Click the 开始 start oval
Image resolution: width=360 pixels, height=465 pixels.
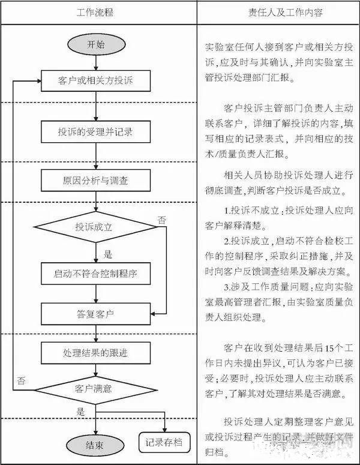96,44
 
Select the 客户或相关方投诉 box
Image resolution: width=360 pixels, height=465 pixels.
96,79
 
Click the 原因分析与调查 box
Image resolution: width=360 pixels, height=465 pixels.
96,180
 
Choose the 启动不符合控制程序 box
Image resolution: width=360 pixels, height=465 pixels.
96,274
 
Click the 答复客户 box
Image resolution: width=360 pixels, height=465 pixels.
96,313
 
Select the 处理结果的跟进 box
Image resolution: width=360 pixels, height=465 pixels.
96,351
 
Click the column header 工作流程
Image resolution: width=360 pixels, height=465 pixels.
95,12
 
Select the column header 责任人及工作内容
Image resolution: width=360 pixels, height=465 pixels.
277,12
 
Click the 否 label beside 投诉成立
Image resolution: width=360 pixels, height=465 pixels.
161,220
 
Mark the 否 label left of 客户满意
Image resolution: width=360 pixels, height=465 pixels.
22,380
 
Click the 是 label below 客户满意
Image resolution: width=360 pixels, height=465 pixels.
80,412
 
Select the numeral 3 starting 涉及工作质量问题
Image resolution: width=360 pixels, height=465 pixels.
226,286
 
